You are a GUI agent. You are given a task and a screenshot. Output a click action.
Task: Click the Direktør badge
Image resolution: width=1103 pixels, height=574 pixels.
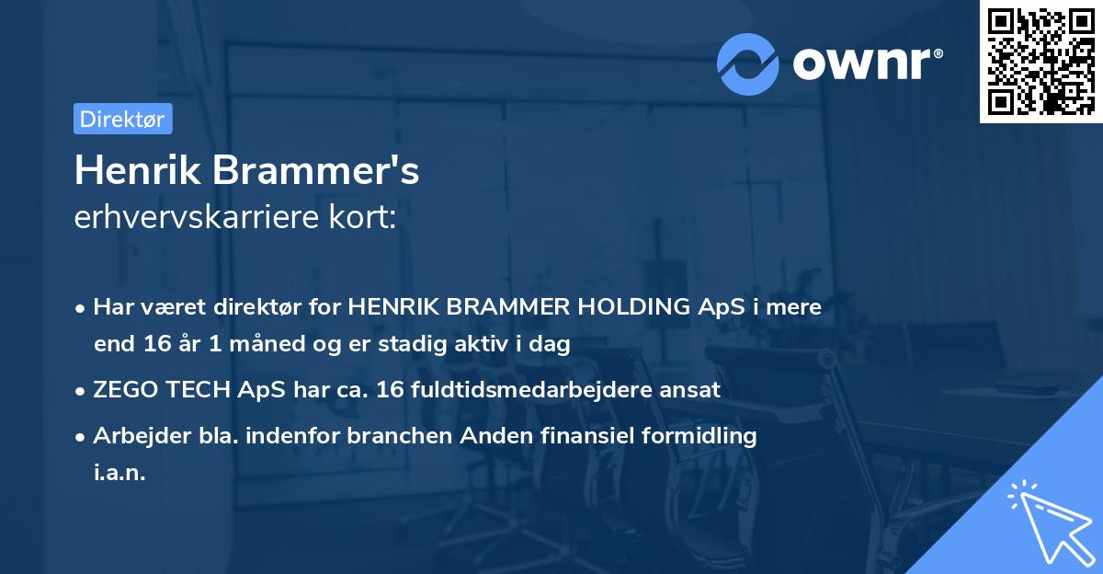122,119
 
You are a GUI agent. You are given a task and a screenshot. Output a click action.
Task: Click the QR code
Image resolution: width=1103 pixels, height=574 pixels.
1040,61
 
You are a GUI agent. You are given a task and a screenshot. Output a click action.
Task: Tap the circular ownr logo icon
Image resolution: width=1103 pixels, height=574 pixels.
748,63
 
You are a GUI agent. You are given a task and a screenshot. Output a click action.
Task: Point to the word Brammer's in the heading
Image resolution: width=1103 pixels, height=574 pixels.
317,171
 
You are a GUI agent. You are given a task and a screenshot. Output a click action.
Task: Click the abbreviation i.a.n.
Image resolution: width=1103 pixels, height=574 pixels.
119,473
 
